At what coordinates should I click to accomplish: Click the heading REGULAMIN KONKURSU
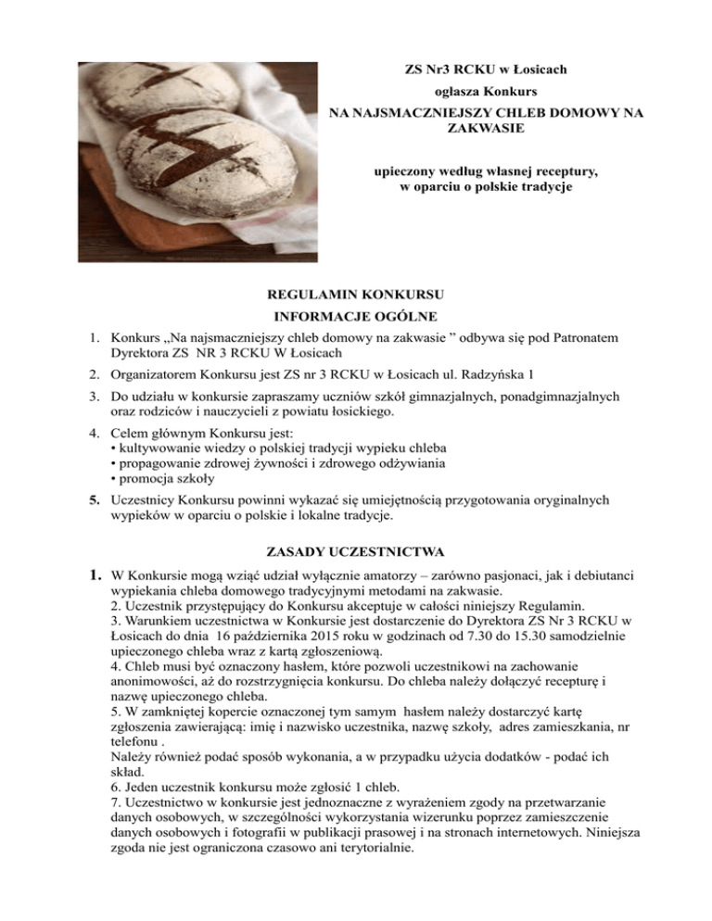click(x=355, y=296)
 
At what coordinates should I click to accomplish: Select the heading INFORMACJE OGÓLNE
click(x=355, y=318)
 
